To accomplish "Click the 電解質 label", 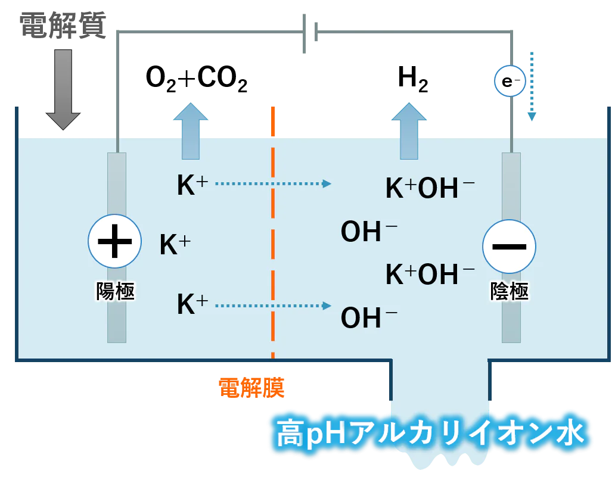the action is (x=63, y=26).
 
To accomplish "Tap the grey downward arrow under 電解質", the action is (x=63, y=89).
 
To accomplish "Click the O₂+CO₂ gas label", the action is (x=197, y=79).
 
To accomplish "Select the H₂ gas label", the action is (x=412, y=79).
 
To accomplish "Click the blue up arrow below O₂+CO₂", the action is (x=191, y=131).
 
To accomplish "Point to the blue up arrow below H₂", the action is (x=409, y=131).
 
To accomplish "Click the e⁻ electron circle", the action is (x=510, y=81).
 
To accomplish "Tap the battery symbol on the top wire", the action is (x=310, y=33).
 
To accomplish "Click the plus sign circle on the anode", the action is (x=114, y=241).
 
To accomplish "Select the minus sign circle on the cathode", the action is (x=509, y=246).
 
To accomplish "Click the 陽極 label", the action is (x=116, y=291).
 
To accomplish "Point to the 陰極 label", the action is (x=510, y=291).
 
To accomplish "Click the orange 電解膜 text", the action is (x=251, y=388).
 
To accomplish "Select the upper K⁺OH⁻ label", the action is (x=430, y=188).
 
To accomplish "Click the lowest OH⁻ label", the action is (x=369, y=317).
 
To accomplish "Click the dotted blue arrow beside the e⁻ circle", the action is (x=532, y=86).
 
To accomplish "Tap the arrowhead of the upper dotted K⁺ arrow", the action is (x=327, y=183).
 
